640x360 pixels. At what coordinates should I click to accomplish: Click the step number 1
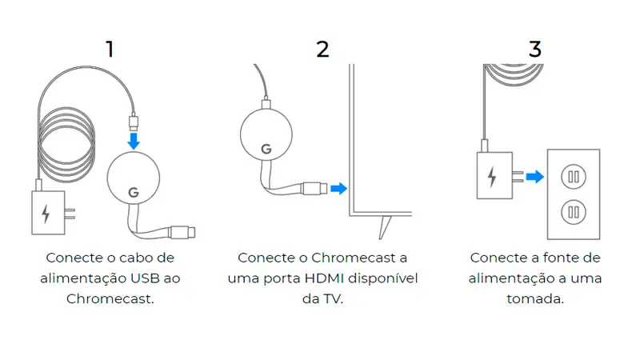110,49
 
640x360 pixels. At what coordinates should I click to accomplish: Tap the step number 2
322,49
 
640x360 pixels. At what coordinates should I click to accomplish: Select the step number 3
534,49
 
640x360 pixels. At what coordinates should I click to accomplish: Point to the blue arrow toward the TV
339,189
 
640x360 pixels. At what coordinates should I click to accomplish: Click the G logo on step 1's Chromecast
133,193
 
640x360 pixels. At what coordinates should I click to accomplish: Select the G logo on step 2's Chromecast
266,149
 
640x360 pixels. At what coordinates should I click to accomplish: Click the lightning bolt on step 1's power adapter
46,214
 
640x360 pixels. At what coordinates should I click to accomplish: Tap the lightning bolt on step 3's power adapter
490,176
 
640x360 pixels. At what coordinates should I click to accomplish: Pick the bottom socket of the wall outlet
572,212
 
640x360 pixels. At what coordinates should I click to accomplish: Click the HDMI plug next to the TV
313,189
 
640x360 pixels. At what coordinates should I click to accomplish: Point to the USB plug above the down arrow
134,122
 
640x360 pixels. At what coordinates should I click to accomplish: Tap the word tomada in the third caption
535,299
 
